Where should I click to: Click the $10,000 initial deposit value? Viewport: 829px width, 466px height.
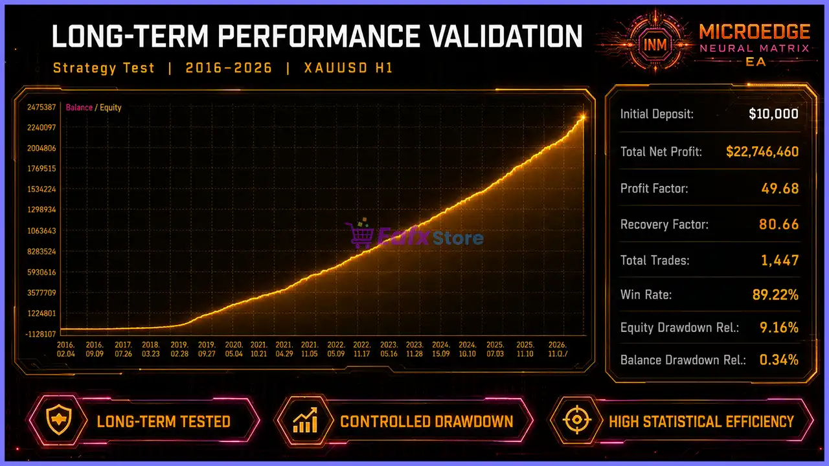point(773,114)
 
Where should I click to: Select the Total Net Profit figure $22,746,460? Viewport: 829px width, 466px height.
point(762,151)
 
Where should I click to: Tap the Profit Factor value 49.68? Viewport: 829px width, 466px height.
point(780,188)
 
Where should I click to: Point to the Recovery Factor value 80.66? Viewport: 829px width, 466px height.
point(779,225)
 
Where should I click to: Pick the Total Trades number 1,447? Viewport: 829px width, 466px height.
point(780,260)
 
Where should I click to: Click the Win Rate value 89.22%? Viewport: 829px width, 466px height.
point(775,294)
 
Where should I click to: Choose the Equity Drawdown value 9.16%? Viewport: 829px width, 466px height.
point(779,327)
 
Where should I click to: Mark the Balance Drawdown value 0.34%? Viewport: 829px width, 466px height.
point(779,360)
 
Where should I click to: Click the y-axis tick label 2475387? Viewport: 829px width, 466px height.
point(41,107)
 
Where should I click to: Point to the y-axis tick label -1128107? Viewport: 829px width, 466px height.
point(41,335)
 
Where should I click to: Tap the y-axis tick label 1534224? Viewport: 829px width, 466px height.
point(41,190)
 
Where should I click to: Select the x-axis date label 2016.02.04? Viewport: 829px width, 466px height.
point(66,349)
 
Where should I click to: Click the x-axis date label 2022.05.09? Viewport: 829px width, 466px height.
point(336,349)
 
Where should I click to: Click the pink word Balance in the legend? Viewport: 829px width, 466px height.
point(79,107)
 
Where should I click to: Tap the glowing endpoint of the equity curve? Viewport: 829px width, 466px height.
point(583,117)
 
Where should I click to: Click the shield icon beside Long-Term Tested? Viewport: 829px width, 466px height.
point(59,420)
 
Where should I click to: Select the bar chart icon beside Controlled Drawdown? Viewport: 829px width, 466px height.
point(305,420)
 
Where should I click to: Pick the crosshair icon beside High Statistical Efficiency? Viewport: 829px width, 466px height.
point(577,420)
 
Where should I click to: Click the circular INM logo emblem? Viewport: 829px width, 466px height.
point(655,45)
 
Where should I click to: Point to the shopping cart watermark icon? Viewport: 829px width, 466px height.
point(358,234)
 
